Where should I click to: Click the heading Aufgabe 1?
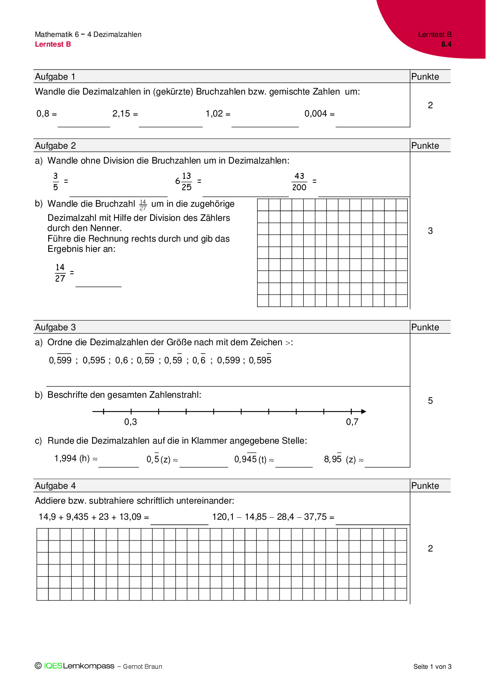[55, 76]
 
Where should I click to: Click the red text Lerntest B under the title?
[53, 44]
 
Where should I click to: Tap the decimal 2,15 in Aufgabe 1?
[121, 114]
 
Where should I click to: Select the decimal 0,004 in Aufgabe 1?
[316, 114]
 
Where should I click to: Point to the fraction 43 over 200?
[299, 182]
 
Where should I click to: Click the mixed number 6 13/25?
[184, 182]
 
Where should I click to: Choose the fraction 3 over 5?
[56, 182]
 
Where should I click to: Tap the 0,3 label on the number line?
[131, 422]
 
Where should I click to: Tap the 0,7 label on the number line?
[352, 422]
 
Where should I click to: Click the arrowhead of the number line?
[364, 411]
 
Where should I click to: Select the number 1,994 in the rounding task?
[65, 459]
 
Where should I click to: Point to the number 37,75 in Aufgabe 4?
[315, 517]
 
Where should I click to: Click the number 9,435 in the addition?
[77, 517]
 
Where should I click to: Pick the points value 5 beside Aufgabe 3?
[430, 400]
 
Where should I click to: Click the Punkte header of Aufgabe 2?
[425, 146]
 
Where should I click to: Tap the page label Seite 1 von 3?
[432, 666]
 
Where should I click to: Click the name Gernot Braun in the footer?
[143, 666]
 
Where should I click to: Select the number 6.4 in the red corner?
[446, 44]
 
